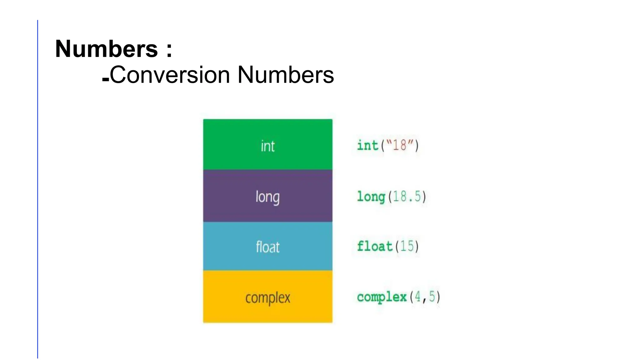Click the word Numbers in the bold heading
coord(106,49)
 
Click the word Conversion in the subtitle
coord(170,75)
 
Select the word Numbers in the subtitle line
coord(286,75)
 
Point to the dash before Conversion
coord(105,80)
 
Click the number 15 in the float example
coord(407,246)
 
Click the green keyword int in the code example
coord(367,145)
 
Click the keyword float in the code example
coord(374,246)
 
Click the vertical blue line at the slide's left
coord(37,187)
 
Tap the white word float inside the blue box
coord(267,247)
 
